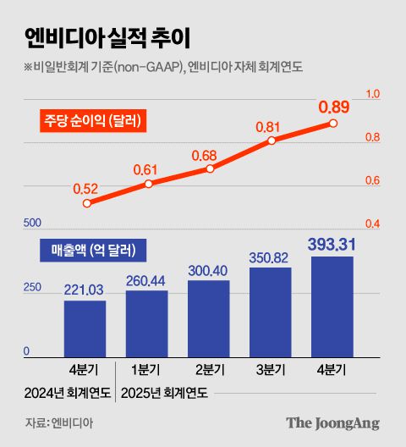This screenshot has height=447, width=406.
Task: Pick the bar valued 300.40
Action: [209, 318]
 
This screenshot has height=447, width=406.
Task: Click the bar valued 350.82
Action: [271, 312]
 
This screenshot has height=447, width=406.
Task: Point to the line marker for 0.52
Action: [86, 203]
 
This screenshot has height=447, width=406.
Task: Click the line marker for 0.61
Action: [148, 184]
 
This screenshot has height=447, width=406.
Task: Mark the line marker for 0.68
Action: [210, 168]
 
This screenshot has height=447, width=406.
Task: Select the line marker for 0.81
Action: [272, 141]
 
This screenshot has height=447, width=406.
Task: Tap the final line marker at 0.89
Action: [333, 124]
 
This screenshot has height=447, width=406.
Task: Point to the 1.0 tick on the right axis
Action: [373, 95]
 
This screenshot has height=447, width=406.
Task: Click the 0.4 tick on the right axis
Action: [373, 224]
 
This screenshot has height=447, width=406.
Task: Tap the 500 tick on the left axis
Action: [32, 223]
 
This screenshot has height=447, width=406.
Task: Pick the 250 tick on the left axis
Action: [32, 288]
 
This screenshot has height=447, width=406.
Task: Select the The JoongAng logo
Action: [332, 423]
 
